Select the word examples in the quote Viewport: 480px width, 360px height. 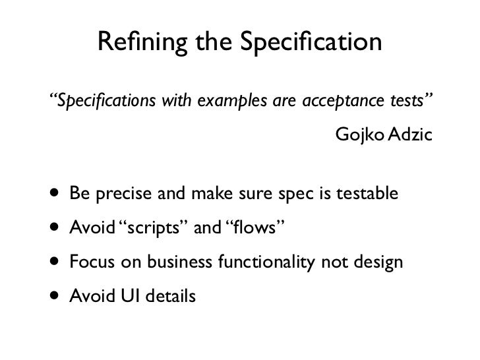click(x=225, y=102)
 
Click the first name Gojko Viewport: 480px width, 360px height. click(x=357, y=136)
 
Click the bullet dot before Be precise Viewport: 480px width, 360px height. click(x=52, y=195)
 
